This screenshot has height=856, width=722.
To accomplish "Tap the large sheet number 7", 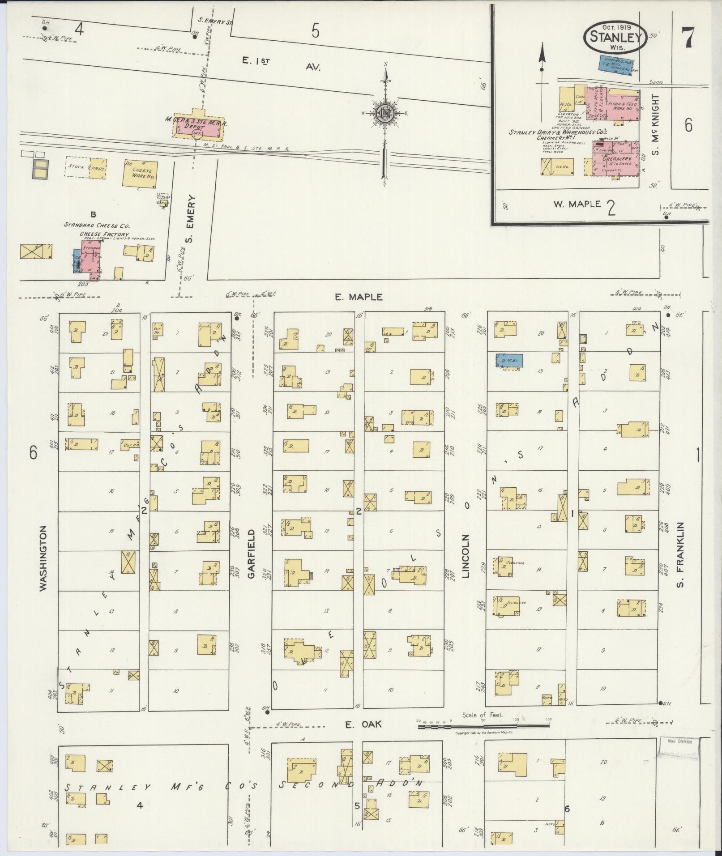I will point(688,37).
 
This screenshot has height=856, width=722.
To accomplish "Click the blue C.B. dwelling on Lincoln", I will point(509,361).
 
